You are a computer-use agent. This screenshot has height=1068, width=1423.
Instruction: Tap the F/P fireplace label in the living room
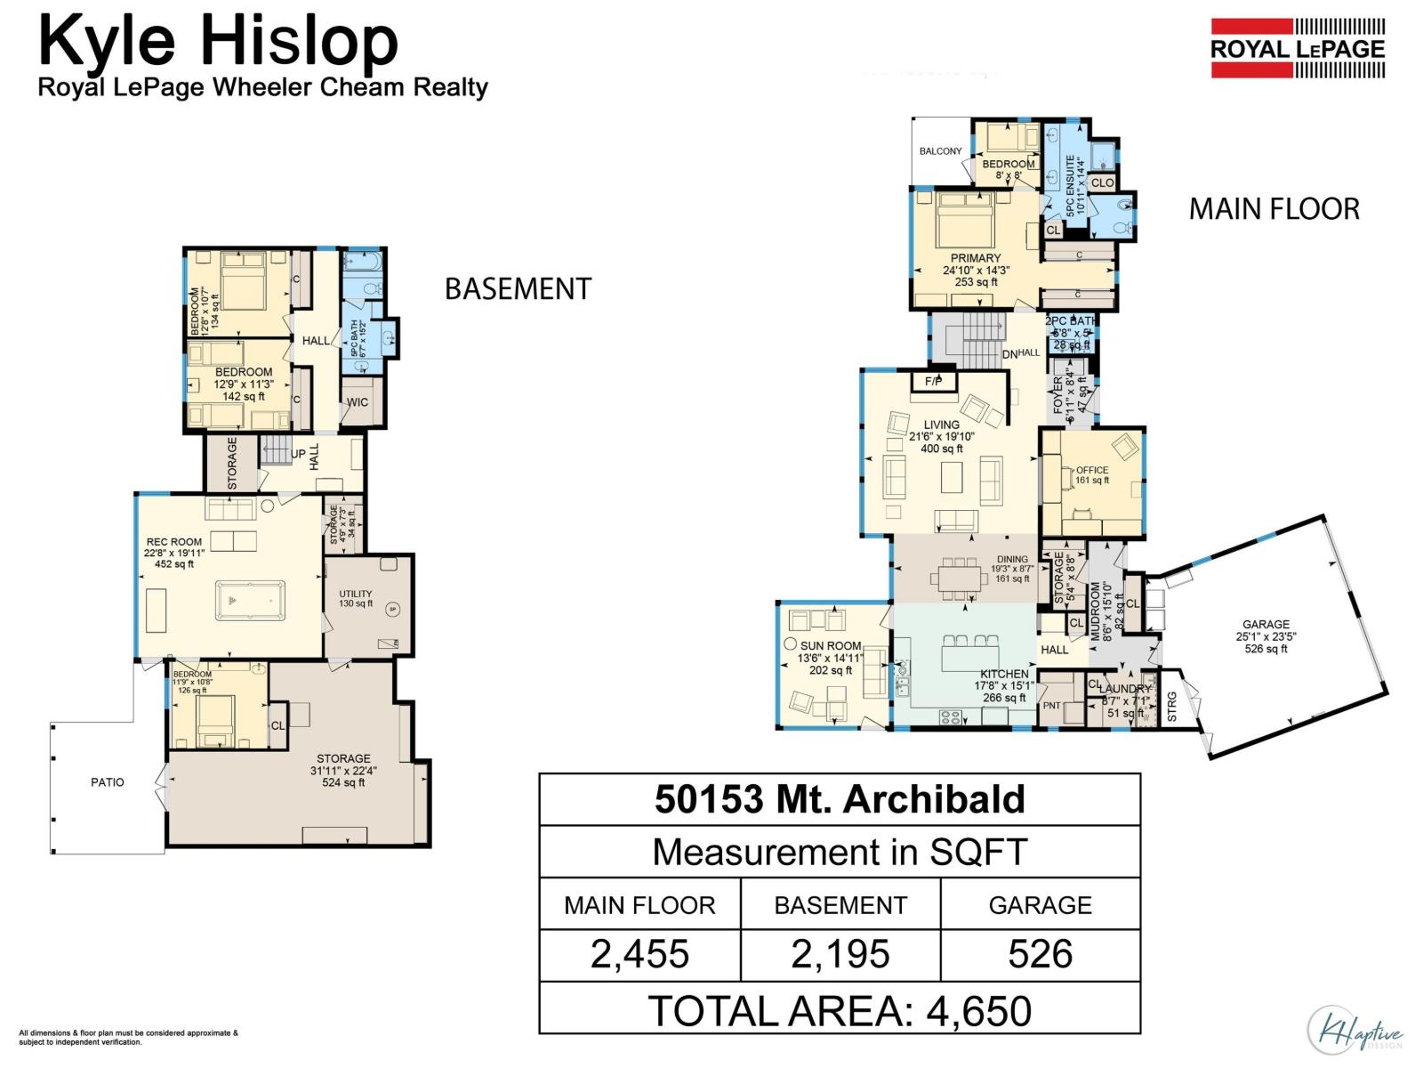pos(933,382)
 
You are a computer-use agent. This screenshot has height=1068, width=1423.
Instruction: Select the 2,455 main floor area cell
pos(639,955)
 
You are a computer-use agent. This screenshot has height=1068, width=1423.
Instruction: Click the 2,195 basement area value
pos(840,955)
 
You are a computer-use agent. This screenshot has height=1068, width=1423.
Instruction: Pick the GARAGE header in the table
pos(1040,905)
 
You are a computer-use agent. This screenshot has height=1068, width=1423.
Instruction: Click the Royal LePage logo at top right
pos(1298,48)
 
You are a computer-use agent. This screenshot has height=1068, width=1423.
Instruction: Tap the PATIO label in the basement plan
pos(108,782)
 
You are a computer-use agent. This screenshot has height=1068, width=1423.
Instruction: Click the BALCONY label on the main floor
pos(940,151)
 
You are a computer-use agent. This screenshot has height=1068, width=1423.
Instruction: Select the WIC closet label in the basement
pos(358,402)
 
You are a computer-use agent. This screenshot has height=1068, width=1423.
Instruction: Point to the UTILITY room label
pos(356,594)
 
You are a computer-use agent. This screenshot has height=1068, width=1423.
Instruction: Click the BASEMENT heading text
pos(518,289)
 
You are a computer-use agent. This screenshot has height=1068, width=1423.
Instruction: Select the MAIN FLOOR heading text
pos(1274,209)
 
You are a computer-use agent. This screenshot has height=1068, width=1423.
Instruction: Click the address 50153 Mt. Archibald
pos(840,799)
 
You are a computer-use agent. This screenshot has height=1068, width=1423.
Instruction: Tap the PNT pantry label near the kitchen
pos(1051,706)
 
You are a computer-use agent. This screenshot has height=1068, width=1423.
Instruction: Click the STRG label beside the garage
pos(1171,707)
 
